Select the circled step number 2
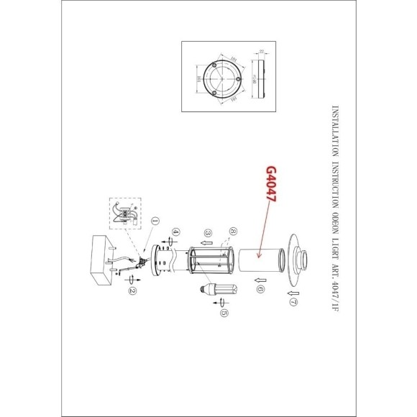tap(132, 290)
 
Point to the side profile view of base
tap(262, 79)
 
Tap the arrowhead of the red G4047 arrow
tap(254, 248)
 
